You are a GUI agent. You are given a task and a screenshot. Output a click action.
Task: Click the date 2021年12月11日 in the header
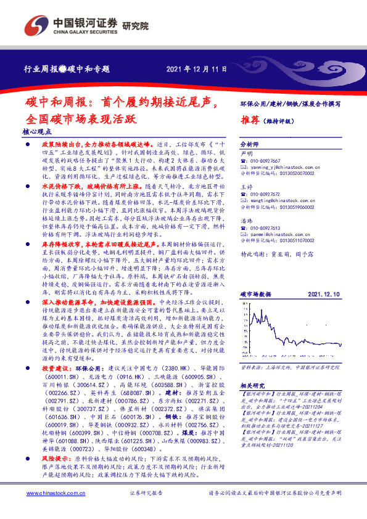[192, 69]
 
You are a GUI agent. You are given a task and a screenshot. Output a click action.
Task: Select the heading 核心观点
[38, 131]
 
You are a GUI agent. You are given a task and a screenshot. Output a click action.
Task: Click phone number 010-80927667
[265, 161]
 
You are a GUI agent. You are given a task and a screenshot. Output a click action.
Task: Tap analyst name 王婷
[246, 186]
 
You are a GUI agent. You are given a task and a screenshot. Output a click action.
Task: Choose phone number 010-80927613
[265, 228]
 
